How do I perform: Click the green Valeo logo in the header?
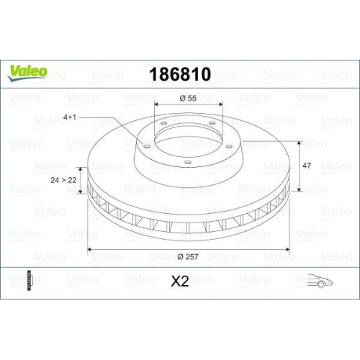29,71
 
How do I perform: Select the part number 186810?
180,74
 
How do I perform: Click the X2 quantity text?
179,282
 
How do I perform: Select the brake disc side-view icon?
29,281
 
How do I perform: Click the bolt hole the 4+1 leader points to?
146,147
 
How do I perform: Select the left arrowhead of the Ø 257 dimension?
89,250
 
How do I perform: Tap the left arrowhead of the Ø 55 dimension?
157,105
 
